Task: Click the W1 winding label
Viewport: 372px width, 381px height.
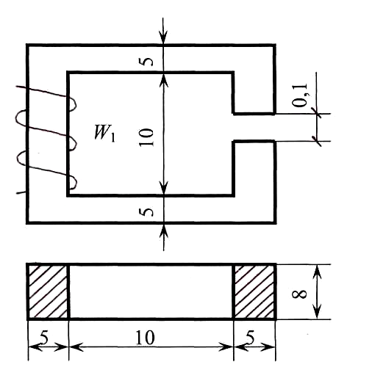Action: (104, 133)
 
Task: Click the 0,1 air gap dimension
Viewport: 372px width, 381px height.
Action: (299, 95)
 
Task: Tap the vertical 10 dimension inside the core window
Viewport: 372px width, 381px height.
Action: (146, 137)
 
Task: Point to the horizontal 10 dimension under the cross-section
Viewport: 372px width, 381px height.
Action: (145, 338)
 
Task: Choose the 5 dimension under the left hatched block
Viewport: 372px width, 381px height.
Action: (44, 338)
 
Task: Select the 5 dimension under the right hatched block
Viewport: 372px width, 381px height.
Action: (250, 338)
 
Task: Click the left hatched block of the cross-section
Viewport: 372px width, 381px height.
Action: (48, 291)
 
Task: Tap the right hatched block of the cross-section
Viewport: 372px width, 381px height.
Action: (254, 291)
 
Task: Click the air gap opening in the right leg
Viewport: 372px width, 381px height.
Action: (254, 127)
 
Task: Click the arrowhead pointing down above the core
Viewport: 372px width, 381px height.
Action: (163, 37)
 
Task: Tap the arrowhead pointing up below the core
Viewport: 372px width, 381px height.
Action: (164, 231)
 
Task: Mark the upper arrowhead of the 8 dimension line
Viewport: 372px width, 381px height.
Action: (318, 272)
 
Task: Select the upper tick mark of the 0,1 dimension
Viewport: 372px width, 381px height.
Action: (316, 113)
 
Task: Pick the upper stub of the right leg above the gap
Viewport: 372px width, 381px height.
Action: (254, 92)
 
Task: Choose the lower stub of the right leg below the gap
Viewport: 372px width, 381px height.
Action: (254, 168)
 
